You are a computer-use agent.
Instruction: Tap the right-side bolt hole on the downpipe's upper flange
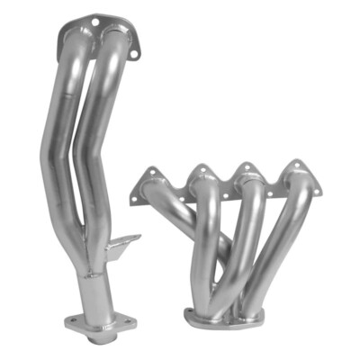click(x=134, y=54)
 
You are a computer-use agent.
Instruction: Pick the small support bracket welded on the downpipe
click(x=121, y=244)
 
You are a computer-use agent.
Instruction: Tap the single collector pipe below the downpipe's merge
click(x=93, y=288)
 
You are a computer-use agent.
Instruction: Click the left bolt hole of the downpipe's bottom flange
click(x=71, y=321)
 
